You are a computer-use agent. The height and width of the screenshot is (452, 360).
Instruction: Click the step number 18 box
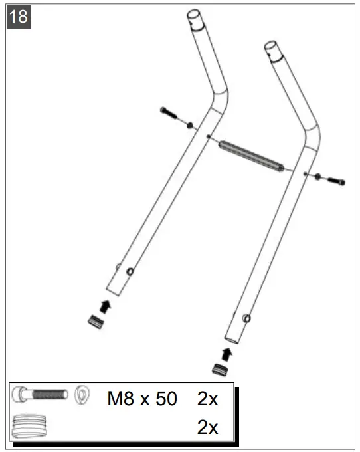pyautogui.click(x=19, y=17)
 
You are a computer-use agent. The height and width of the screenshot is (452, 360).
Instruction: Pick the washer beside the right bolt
pyautogui.click(x=317, y=176)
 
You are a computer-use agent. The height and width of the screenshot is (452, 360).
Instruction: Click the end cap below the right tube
pyautogui.click(x=219, y=369)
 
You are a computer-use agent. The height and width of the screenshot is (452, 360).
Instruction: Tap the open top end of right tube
pyautogui.click(x=272, y=49)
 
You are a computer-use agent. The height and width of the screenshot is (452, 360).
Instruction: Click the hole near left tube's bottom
pyautogui.click(x=130, y=271)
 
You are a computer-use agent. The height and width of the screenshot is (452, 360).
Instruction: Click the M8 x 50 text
pyautogui.click(x=142, y=399)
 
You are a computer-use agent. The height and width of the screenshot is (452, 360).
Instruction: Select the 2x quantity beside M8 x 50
pyautogui.click(x=207, y=399)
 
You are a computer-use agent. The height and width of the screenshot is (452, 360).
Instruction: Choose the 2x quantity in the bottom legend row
pyautogui.click(x=207, y=427)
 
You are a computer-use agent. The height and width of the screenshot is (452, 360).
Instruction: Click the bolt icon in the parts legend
pyautogui.click(x=41, y=395)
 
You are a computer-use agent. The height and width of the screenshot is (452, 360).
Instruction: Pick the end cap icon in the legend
pyautogui.click(x=32, y=425)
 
